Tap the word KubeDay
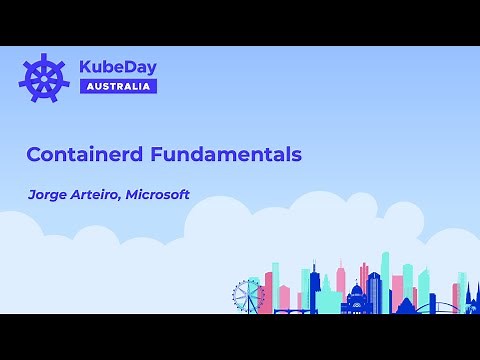coord(118,67)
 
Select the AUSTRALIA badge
coord(118,86)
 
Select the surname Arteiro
coord(100,194)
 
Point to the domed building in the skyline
coord(357,297)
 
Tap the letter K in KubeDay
coord(86,67)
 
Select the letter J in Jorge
coord(32,195)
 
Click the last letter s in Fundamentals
coord(297,156)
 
